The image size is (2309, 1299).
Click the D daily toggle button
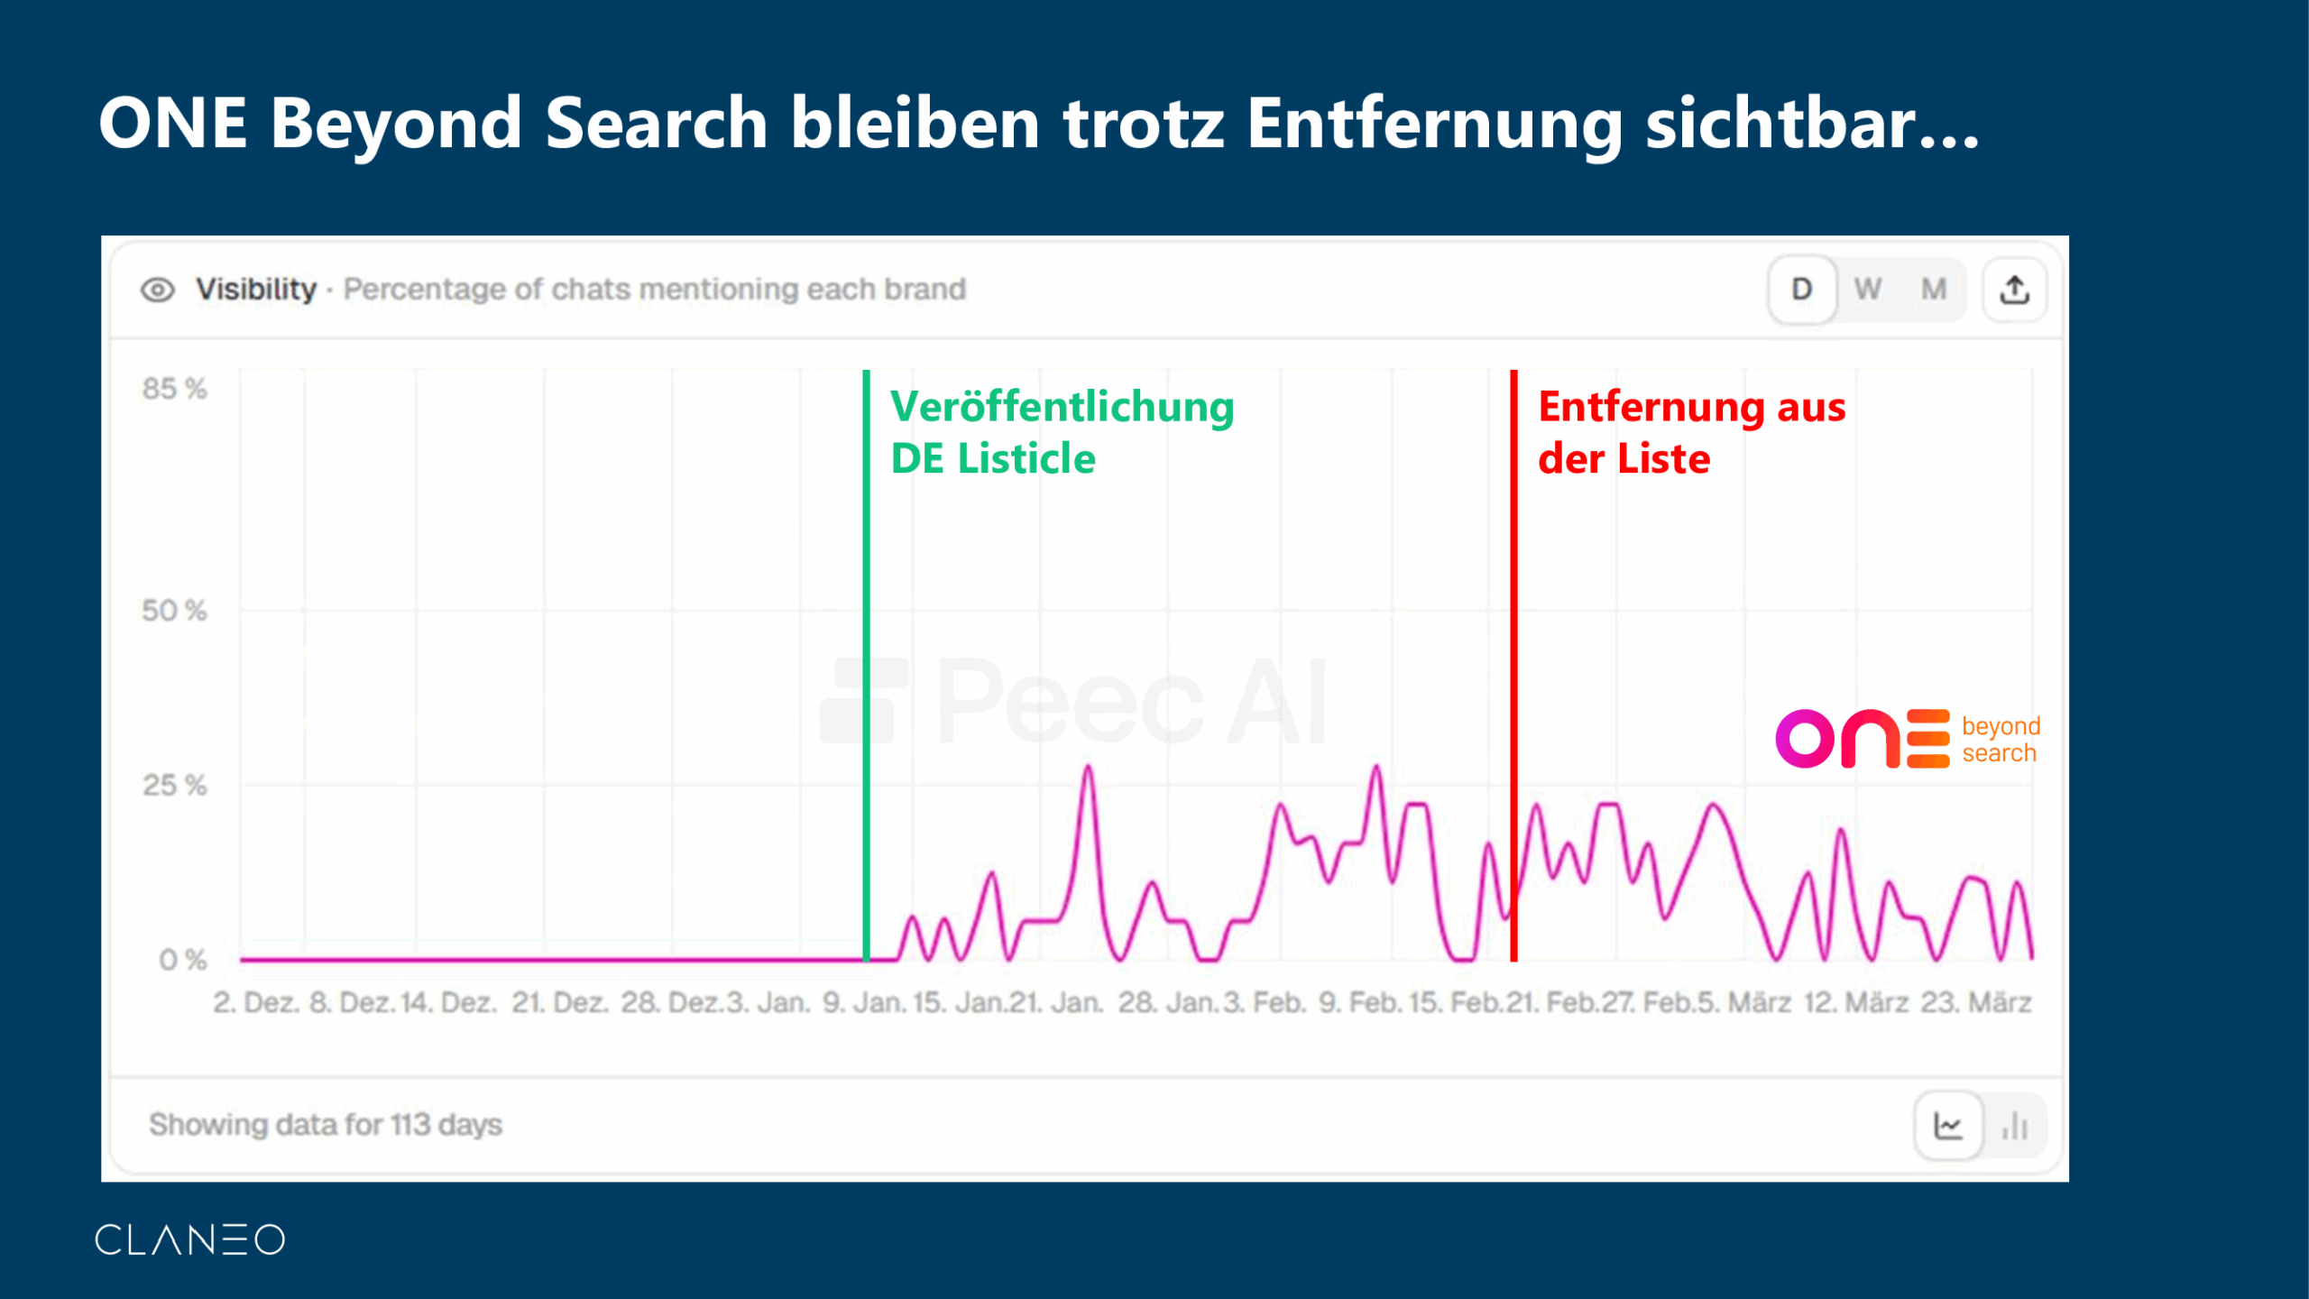(x=1802, y=290)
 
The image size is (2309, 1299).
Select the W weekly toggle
(x=1868, y=290)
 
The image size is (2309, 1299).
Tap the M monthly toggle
(x=1933, y=290)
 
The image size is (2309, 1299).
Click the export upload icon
(x=2015, y=290)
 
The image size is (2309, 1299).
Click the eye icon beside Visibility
(x=157, y=290)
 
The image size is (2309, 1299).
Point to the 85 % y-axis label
(x=174, y=389)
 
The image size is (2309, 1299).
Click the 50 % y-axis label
(x=174, y=611)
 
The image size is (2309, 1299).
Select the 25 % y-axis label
(x=174, y=785)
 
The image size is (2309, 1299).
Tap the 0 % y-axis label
(x=183, y=960)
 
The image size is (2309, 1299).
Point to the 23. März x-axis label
(x=1976, y=1003)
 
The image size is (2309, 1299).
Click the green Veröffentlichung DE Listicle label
(x=1062, y=432)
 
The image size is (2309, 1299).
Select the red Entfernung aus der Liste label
(x=1692, y=432)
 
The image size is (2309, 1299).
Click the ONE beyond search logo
(x=1908, y=739)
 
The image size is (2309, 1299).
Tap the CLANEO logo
(x=190, y=1239)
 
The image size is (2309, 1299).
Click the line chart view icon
(x=1948, y=1126)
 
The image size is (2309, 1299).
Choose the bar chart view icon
(x=2015, y=1126)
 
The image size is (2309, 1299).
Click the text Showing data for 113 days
(x=326, y=1125)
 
